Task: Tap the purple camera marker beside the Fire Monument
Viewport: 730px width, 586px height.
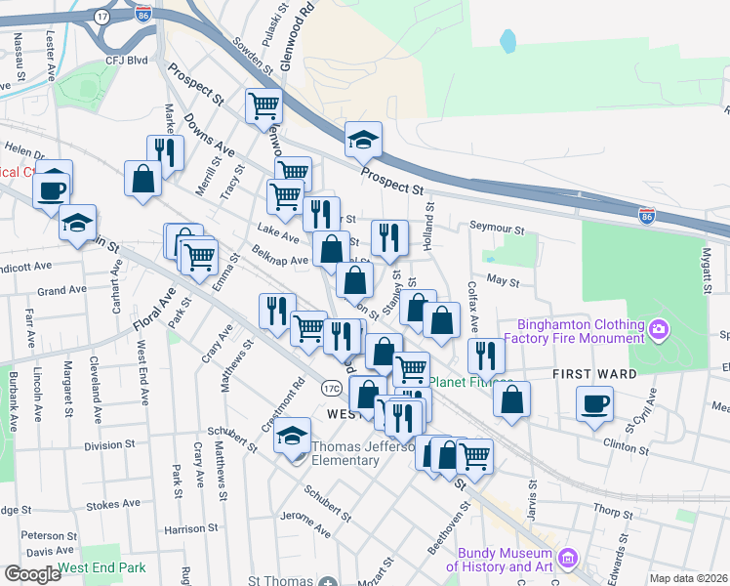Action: [x=659, y=329]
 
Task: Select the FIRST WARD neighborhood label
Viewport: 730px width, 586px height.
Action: [x=595, y=374]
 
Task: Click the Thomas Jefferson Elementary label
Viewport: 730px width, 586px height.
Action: [x=365, y=456]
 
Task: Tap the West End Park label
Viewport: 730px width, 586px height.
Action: [x=101, y=567]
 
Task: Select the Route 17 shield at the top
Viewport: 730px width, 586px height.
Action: [x=102, y=17]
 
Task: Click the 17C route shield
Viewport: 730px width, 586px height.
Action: [x=331, y=389]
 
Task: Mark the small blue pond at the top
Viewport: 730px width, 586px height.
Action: [x=507, y=41]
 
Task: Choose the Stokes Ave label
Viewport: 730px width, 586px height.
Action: [x=115, y=505]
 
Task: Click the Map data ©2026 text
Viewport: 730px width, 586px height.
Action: [x=688, y=578]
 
